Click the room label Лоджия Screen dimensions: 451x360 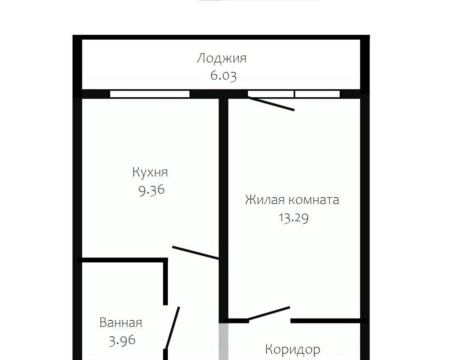[222, 59]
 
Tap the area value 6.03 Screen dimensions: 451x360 [223, 76]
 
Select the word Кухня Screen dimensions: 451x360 [150, 173]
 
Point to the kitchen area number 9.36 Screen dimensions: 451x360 [152, 190]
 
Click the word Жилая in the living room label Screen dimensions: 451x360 [265, 200]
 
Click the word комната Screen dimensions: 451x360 [314, 200]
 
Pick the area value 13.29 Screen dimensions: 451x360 [293, 217]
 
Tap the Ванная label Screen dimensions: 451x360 [121, 323]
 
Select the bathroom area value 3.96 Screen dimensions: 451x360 [122, 341]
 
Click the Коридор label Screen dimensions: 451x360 [292, 349]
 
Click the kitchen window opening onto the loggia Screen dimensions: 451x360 [150, 94]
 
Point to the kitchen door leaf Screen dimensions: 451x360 [196, 253]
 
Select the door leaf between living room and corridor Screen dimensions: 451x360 [269, 313]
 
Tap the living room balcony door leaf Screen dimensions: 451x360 [271, 103]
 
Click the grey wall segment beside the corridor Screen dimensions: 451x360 [223, 342]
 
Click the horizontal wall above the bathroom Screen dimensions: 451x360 [122, 260]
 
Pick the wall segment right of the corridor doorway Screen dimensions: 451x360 [329, 321]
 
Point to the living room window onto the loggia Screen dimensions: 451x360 [294, 94]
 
